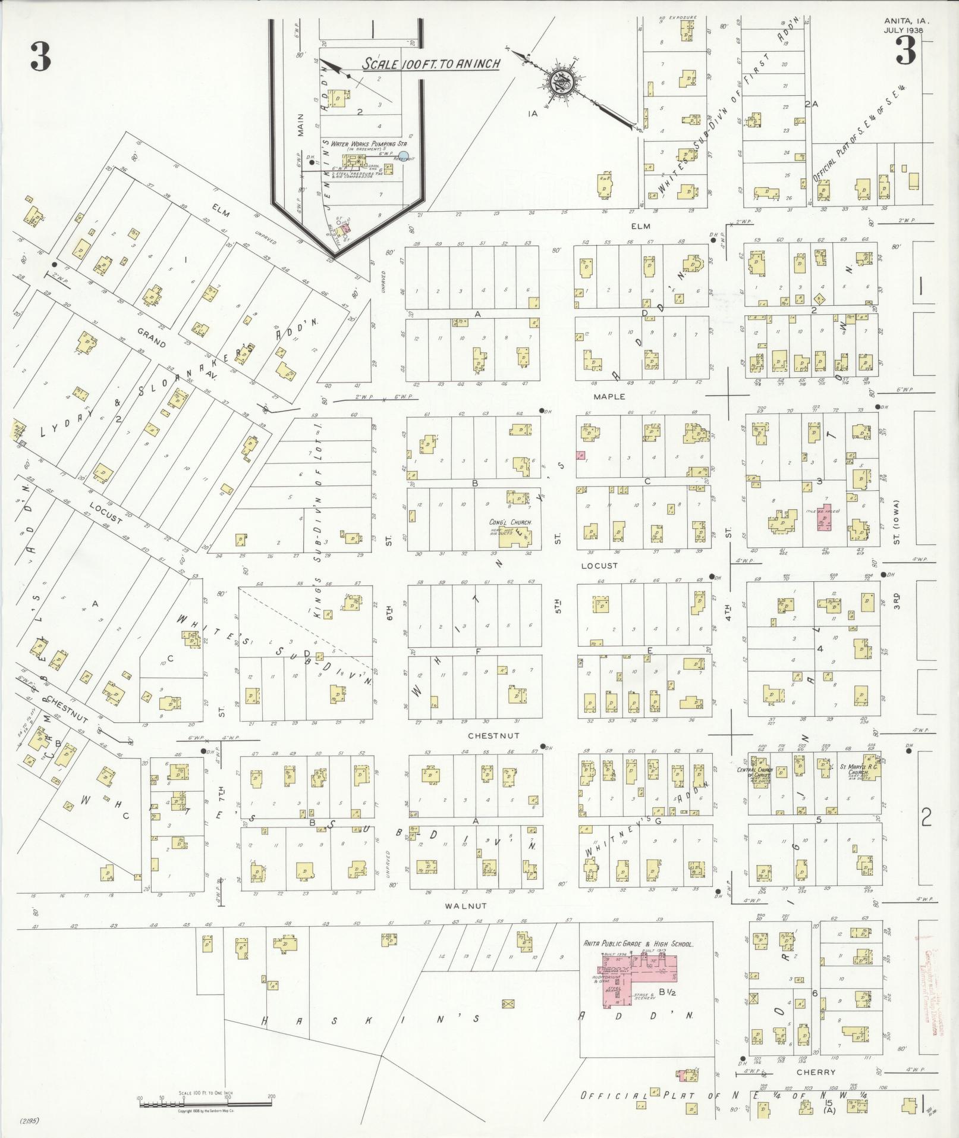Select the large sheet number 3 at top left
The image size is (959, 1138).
tap(40, 57)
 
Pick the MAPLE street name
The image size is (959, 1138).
tap(609, 396)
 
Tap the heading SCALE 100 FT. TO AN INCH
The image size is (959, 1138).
tap(432, 63)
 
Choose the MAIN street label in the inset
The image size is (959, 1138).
tap(301, 126)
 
